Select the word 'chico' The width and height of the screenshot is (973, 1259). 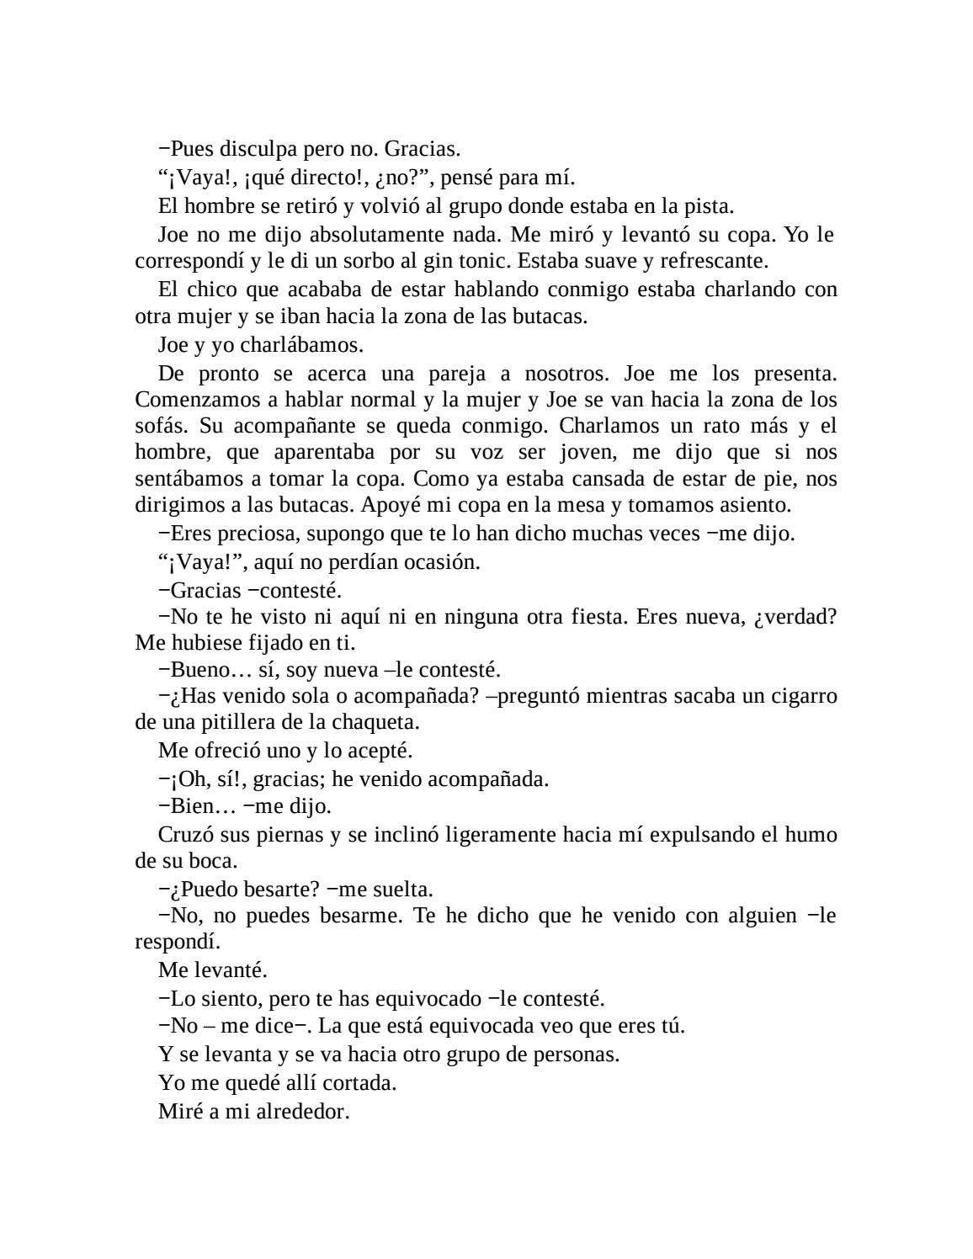[212, 290]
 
